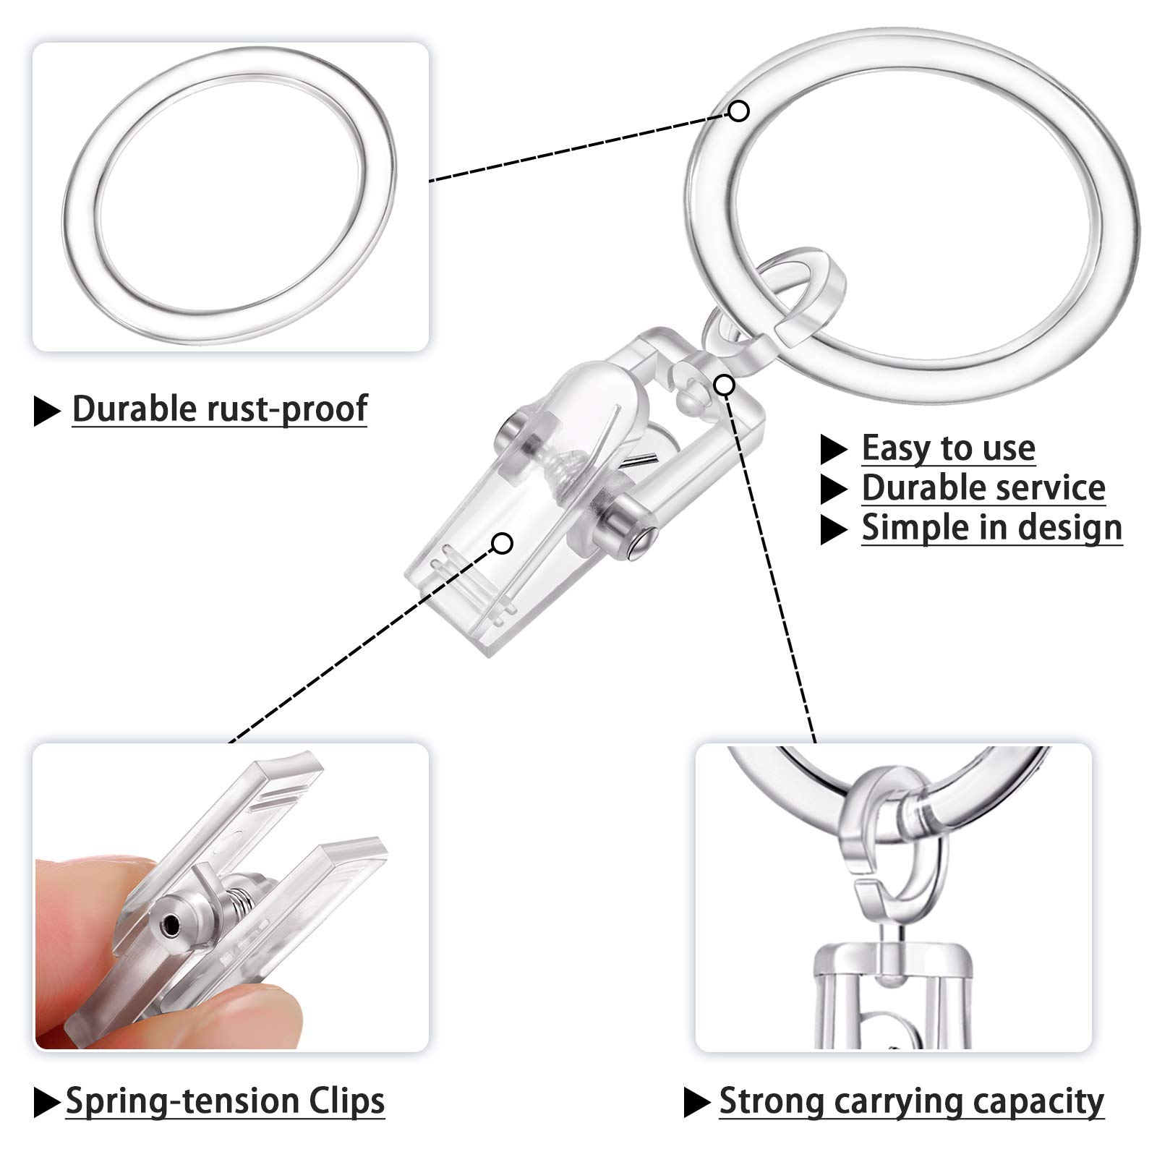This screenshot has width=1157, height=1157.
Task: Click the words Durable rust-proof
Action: pyautogui.click(x=220, y=409)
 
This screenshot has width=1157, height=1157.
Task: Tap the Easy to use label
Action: pyautogui.click(x=948, y=448)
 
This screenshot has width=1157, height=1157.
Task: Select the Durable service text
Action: pyautogui.click(x=983, y=488)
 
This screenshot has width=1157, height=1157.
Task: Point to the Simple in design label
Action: pyautogui.click(x=991, y=528)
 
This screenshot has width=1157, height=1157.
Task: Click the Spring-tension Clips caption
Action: pyautogui.click(x=225, y=1101)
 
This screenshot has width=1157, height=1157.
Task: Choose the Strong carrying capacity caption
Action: pyautogui.click(x=911, y=1101)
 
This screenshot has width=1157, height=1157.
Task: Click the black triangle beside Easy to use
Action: pyautogui.click(x=833, y=450)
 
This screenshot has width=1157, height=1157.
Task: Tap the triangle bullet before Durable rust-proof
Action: pyautogui.click(x=47, y=411)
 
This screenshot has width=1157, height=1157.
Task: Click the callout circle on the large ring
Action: pyautogui.click(x=738, y=111)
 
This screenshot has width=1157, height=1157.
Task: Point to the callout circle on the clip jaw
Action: pyautogui.click(x=503, y=542)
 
